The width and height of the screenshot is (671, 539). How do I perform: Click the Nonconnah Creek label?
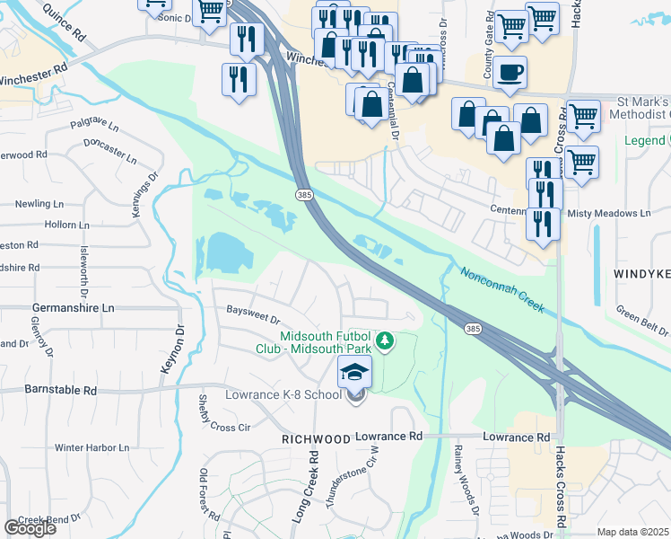(x=501, y=289)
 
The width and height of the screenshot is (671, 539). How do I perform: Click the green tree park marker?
(x=385, y=340)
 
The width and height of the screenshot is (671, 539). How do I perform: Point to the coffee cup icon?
(x=510, y=72)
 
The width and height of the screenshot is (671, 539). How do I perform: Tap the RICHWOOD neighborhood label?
(x=315, y=439)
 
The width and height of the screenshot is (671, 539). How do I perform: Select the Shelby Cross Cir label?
(x=223, y=414)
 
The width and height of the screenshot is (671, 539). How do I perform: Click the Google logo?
(x=30, y=527)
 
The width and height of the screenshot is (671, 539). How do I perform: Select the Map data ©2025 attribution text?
(x=633, y=532)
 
